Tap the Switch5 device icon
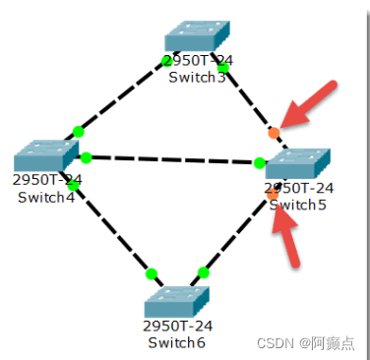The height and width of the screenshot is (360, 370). click(x=297, y=163)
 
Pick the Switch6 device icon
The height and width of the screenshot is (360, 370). click(x=178, y=299)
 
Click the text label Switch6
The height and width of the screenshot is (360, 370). click(x=177, y=342)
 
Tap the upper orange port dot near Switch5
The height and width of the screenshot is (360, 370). click(x=274, y=133)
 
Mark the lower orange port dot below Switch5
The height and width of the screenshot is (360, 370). click(x=273, y=195)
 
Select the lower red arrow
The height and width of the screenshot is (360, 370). click(x=288, y=236)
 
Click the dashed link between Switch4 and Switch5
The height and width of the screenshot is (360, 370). click(x=172, y=160)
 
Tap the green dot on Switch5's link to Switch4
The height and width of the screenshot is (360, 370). click(x=260, y=163)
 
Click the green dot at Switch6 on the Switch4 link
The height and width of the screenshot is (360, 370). click(x=152, y=273)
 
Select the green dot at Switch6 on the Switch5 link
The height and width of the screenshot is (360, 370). click(x=204, y=272)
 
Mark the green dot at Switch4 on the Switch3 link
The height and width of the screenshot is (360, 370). click(x=79, y=132)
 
